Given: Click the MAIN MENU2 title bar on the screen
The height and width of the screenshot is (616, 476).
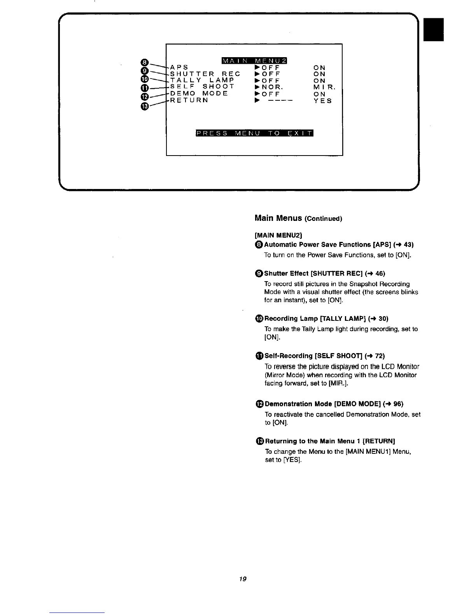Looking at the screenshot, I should (x=254, y=60).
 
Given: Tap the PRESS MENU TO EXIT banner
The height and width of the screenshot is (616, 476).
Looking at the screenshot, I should (x=254, y=134).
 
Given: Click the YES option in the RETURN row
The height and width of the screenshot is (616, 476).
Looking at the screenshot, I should (x=323, y=101).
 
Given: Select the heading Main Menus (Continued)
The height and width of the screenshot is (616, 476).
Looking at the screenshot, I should (x=298, y=218).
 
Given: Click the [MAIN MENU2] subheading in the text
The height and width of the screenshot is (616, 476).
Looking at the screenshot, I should (x=278, y=235).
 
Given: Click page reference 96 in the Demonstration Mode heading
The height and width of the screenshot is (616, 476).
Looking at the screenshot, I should (x=398, y=404).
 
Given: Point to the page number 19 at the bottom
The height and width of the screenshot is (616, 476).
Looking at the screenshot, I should (x=243, y=579).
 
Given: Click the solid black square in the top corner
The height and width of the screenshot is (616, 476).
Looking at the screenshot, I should (x=434, y=29).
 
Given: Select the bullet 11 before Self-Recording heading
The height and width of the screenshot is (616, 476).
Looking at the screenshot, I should (x=259, y=356).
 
